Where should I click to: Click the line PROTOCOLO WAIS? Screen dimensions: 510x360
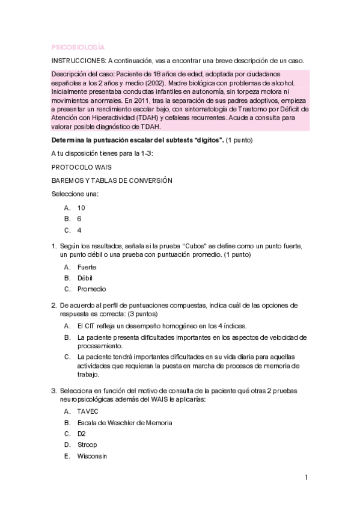[x=81, y=166]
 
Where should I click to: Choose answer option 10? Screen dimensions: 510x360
[x=81, y=207]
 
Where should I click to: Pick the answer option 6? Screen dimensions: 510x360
[x=79, y=218]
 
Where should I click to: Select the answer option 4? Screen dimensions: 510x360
[x=79, y=230]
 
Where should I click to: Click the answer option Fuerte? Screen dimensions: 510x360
[x=87, y=266]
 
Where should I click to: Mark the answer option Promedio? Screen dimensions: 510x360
[x=91, y=289]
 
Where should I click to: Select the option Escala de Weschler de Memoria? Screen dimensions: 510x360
[x=124, y=422]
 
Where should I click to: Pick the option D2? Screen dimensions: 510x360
[x=82, y=433]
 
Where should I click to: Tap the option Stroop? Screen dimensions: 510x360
[x=87, y=444]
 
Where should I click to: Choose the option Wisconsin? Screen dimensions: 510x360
[x=92, y=456]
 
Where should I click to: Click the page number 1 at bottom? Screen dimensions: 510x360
[x=306, y=478]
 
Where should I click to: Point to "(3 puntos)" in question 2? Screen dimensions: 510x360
[x=136, y=314]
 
